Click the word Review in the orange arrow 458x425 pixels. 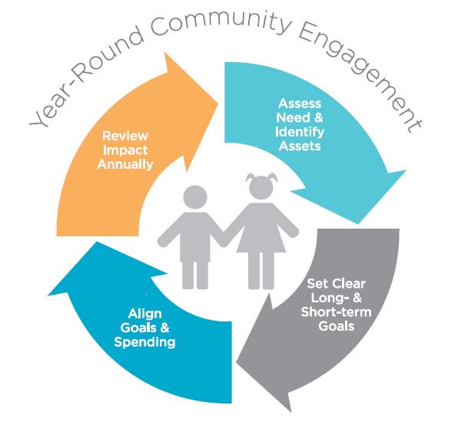click(x=125, y=136)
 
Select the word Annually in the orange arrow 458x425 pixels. click(x=125, y=164)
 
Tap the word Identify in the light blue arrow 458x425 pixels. click(x=300, y=132)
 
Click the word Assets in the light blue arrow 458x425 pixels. click(x=300, y=146)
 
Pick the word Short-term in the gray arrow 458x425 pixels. click(x=336, y=312)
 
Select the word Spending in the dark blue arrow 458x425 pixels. click(x=144, y=342)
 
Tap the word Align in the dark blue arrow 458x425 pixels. click(x=145, y=314)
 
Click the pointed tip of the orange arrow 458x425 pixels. click(x=218, y=104)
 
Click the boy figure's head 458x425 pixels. click(x=195, y=197)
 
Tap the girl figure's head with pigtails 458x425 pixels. click(x=261, y=186)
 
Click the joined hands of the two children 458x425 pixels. click(x=224, y=236)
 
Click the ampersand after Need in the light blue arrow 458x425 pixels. click(x=319, y=117)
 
